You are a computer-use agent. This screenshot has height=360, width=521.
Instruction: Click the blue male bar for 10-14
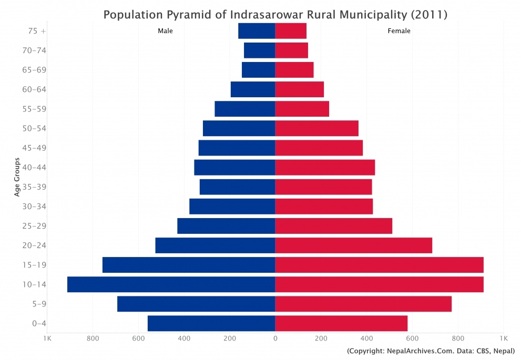(x=171, y=284)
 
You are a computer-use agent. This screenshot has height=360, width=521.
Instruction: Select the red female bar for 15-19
(x=379, y=265)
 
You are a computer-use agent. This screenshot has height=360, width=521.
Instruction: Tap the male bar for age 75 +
(x=257, y=31)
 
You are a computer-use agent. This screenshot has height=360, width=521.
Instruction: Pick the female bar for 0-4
(x=341, y=323)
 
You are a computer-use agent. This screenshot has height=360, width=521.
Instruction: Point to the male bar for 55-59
(x=245, y=109)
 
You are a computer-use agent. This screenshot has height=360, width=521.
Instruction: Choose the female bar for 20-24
(x=353, y=245)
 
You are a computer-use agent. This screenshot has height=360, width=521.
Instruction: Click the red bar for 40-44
(x=325, y=168)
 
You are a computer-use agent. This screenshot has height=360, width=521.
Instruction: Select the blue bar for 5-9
(x=196, y=304)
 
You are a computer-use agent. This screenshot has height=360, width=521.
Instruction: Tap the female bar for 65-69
(x=294, y=70)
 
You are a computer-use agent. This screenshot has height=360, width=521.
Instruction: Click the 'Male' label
(x=165, y=31)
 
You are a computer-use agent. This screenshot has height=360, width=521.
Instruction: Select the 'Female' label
(x=399, y=31)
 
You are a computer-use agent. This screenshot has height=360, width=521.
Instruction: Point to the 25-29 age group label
(x=34, y=226)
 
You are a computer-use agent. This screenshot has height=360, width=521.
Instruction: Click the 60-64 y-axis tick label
(x=34, y=89)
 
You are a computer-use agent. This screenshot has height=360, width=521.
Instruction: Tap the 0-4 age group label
(x=39, y=323)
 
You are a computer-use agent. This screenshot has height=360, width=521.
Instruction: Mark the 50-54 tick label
(x=34, y=129)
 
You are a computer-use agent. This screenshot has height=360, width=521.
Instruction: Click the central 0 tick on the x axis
(x=275, y=338)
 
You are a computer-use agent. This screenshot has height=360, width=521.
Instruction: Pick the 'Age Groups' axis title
(x=17, y=177)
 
